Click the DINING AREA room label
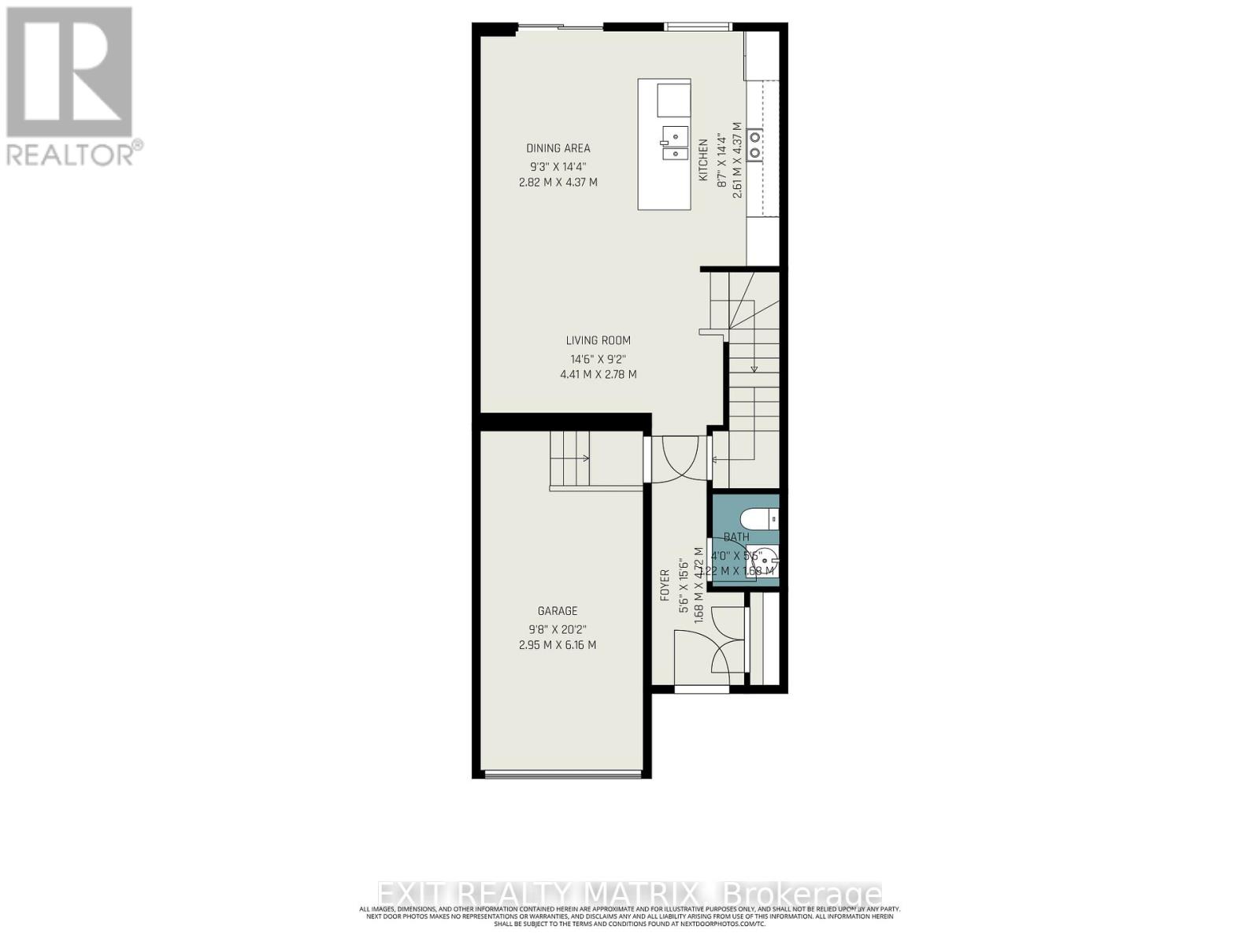coord(558,148)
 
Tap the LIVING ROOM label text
coord(598,340)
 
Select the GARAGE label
coord(558,610)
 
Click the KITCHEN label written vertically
coord(703,160)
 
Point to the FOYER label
coord(665,585)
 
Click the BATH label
coord(736,537)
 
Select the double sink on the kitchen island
coord(674,143)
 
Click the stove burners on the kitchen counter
coord(754,144)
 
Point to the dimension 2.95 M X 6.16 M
coord(558,645)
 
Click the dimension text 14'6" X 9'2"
coord(598,358)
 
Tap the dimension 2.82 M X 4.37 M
coord(558,182)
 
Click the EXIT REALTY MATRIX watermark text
coord(630,895)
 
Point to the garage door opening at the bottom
coord(561,774)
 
